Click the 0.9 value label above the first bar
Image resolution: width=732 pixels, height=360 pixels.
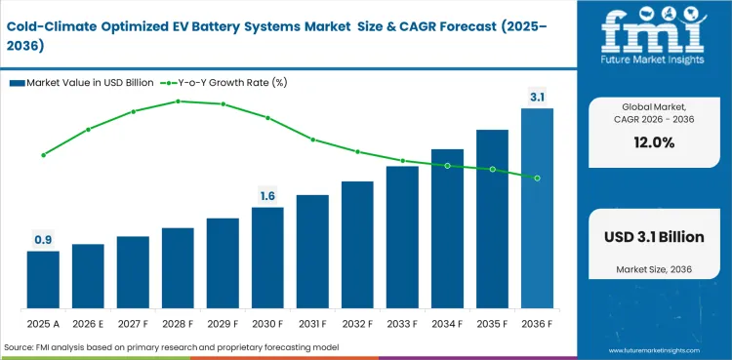point(43,239)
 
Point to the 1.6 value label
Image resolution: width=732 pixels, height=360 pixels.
point(267,195)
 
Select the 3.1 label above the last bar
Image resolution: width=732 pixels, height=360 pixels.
point(537,97)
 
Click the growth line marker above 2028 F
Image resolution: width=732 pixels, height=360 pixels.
point(178,100)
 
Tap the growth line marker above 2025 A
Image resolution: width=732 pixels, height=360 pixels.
point(43,155)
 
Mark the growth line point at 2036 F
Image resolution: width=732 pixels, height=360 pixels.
point(537,178)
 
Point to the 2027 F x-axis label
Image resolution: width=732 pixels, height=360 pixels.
point(133,323)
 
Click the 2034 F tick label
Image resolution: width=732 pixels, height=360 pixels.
point(447,323)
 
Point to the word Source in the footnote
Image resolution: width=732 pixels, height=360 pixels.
point(20,347)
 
